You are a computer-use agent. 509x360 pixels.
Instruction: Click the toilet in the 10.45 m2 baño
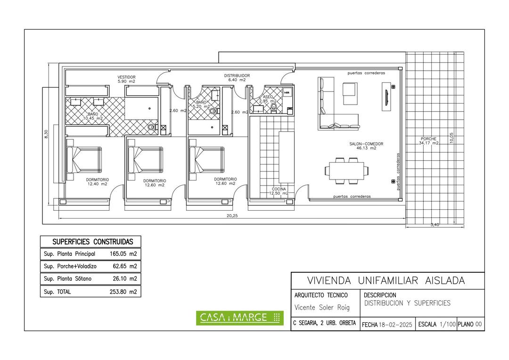[x=151, y=128]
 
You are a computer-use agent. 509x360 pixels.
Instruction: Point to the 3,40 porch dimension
[x=435, y=225]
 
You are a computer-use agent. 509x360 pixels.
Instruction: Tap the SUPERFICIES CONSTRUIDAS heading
[x=93, y=242]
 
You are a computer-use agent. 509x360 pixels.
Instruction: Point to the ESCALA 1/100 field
[x=436, y=325]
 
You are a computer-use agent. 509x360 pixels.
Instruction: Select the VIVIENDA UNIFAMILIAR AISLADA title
[x=386, y=280]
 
